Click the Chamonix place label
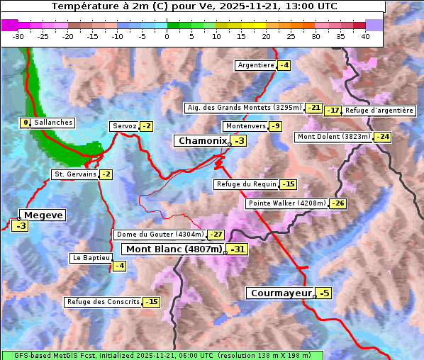[x=202, y=141]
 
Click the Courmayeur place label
[x=281, y=293]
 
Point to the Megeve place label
[x=43, y=215]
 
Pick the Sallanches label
[x=53, y=123]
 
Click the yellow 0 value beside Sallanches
[x=26, y=123]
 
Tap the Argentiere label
[x=256, y=65]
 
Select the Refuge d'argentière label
[x=379, y=111]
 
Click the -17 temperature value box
[x=333, y=111]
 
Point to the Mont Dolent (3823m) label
[x=334, y=137]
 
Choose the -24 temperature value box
[x=383, y=137]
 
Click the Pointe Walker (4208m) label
[x=287, y=203]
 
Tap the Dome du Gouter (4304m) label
[x=160, y=235]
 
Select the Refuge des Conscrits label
[x=103, y=302]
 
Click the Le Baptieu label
[x=91, y=258]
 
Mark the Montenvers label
[x=245, y=126]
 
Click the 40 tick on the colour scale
[x=365, y=36]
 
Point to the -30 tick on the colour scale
[x=18, y=36]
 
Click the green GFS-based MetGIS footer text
[x=162, y=355]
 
